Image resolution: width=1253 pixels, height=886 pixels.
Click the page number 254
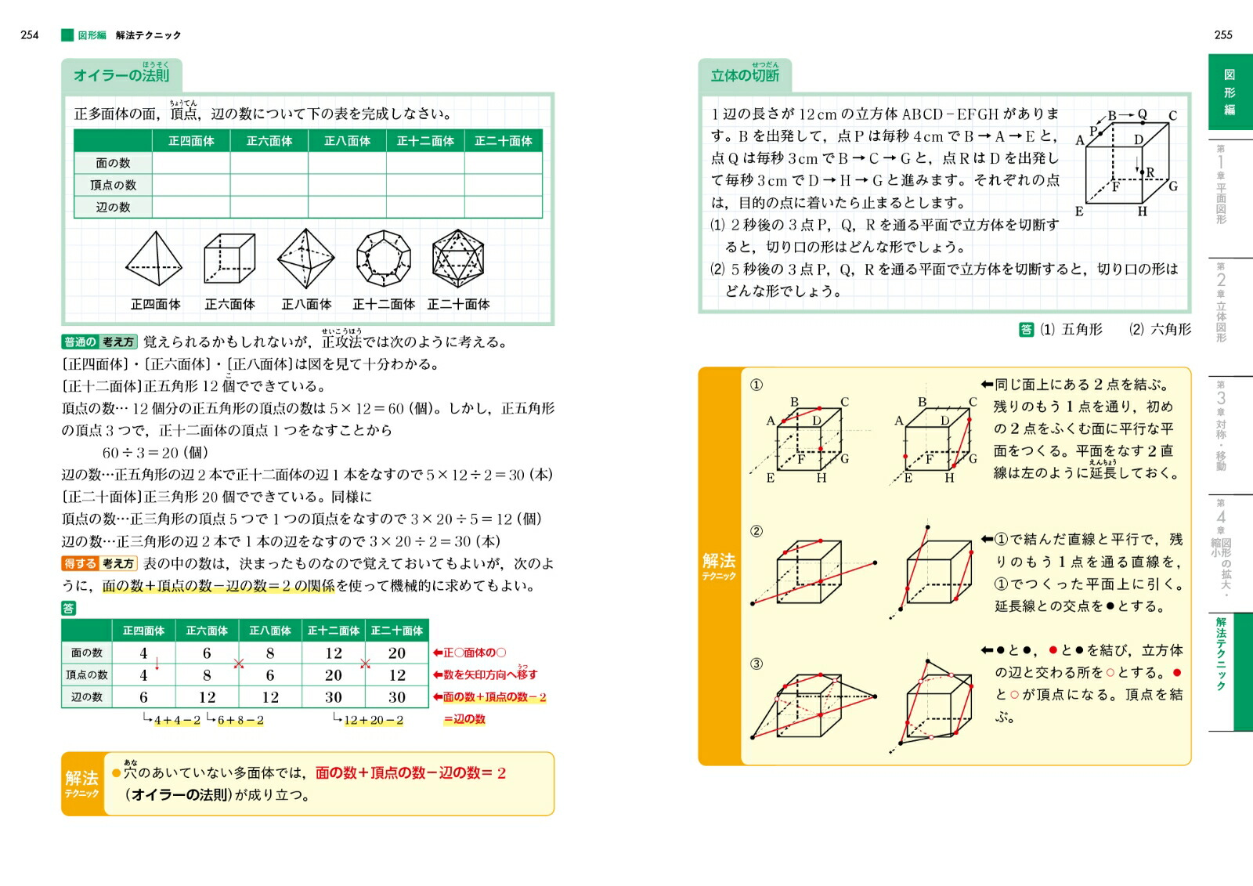tap(30, 35)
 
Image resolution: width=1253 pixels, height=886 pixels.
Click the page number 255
tap(1223, 35)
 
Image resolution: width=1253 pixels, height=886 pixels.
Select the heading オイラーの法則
tap(121, 76)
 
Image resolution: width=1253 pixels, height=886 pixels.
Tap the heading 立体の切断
tap(745, 76)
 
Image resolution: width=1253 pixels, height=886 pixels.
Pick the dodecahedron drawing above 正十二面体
tap(383, 259)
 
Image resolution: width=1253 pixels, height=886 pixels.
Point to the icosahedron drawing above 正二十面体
tap(458, 259)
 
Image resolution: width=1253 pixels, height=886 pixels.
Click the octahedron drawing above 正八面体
tap(306, 259)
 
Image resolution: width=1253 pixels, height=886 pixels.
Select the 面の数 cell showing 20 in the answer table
tap(397, 653)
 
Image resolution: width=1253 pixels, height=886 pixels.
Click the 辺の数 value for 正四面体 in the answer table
tap(143, 697)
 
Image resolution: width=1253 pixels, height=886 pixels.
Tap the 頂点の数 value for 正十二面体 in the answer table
tap(334, 675)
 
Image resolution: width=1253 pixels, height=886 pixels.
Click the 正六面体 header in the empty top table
tap(269, 141)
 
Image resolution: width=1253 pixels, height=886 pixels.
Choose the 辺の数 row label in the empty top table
tap(113, 208)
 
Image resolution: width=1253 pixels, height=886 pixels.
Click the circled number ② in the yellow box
tap(756, 532)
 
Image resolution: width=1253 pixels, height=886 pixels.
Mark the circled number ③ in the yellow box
tap(756, 664)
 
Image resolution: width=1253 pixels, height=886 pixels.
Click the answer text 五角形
tap(1081, 330)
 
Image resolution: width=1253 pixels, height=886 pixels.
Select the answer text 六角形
tap(1171, 330)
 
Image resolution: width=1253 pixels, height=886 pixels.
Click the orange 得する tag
tap(80, 564)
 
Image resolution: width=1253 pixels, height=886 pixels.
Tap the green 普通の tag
tap(80, 342)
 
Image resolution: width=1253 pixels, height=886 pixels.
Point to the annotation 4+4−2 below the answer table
tap(177, 721)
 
